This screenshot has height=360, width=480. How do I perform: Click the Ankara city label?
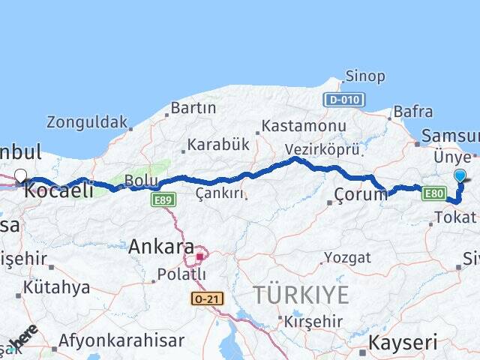[x=161, y=246]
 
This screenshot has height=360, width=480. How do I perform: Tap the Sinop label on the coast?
[x=365, y=76]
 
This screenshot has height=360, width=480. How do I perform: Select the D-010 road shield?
[x=344, y=99]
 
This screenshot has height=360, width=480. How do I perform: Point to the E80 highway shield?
[x=434, y=194]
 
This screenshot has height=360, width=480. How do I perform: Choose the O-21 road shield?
[x=206, y=298]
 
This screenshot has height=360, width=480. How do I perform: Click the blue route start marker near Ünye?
[x=460, y=176]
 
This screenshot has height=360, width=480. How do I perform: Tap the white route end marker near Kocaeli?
[x=20, y=176]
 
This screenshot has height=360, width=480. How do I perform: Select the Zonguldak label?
[x=87, y=121]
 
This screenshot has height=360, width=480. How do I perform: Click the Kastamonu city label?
[x=304, y=127]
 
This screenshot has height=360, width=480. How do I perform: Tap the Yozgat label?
[x=346, y=257]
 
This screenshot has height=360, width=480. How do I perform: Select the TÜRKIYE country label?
[x=301, y=295]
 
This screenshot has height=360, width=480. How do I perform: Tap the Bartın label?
[x=193, y=108]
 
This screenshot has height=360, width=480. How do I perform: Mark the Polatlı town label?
[x=181, y=274]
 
